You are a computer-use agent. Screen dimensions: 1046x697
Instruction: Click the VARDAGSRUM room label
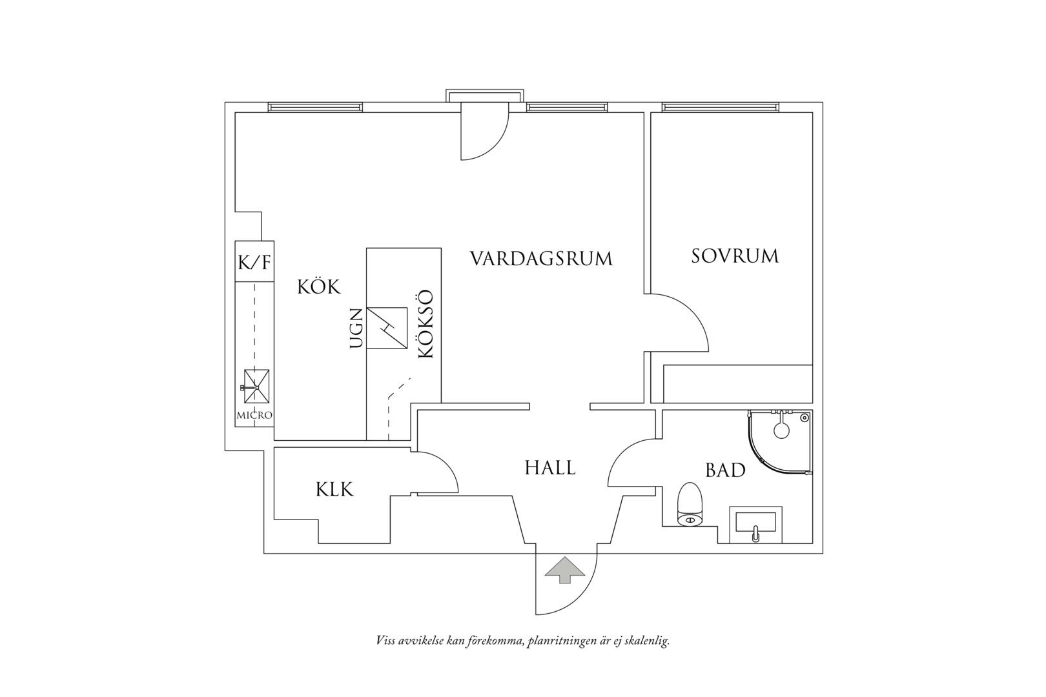(540, 259)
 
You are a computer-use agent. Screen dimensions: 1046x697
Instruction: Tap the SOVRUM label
(735, 256)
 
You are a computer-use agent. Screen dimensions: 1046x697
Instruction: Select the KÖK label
(319, 286)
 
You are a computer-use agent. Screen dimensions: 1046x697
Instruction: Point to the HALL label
(550, 468)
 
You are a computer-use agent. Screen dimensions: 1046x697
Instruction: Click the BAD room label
(725, 470)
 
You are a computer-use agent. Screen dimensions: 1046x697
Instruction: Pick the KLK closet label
(335, 489)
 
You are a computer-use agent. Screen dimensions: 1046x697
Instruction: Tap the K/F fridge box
(254, 261)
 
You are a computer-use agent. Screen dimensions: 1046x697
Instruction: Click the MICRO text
(254, 415)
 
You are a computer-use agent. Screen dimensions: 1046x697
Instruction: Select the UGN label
(356, 328)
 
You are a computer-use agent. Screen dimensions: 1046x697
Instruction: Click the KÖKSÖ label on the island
(426, 324)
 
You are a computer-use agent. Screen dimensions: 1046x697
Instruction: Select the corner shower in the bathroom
(780, 442)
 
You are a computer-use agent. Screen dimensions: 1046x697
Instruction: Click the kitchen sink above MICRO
(256, 386)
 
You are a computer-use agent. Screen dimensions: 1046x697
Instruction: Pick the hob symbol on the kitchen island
(387, 328)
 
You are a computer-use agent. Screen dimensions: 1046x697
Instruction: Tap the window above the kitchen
(316, 107)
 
